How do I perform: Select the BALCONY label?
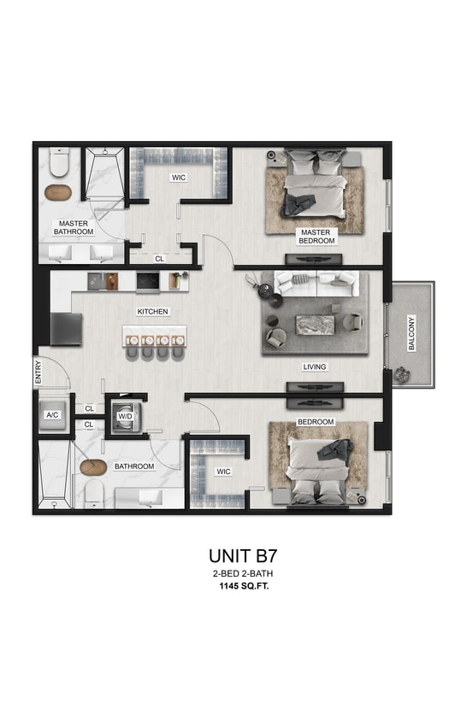click(x=411, y=334)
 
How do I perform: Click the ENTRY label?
click(x=38, y=377)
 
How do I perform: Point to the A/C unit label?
click(x=52, y=415)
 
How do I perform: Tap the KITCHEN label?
click(x=153, y=312)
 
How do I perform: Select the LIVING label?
click(x=315, y=367)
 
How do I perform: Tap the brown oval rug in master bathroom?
click(x=58, y=191)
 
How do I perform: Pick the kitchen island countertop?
click(x=155, y=332)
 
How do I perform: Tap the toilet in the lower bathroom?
click(x=95, y=492)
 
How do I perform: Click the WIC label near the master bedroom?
click(x=179, y=178)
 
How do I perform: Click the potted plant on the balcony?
click(x=399, y=376)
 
